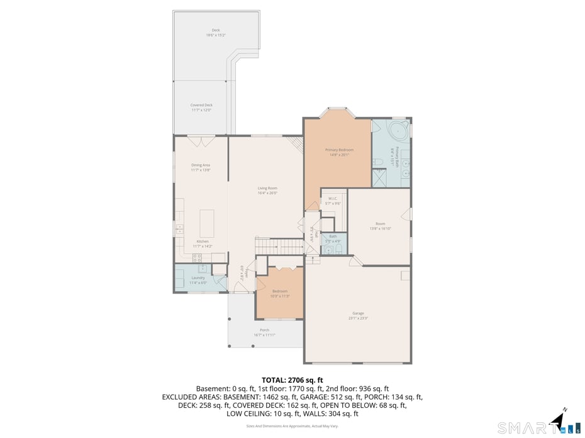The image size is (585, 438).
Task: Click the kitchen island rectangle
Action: tap(207, 222)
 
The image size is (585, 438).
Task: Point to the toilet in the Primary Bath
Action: tap(379, 163)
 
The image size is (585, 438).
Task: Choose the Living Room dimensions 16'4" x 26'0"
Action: tap(267, 193)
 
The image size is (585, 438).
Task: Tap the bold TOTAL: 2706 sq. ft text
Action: tap(292, 380)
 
